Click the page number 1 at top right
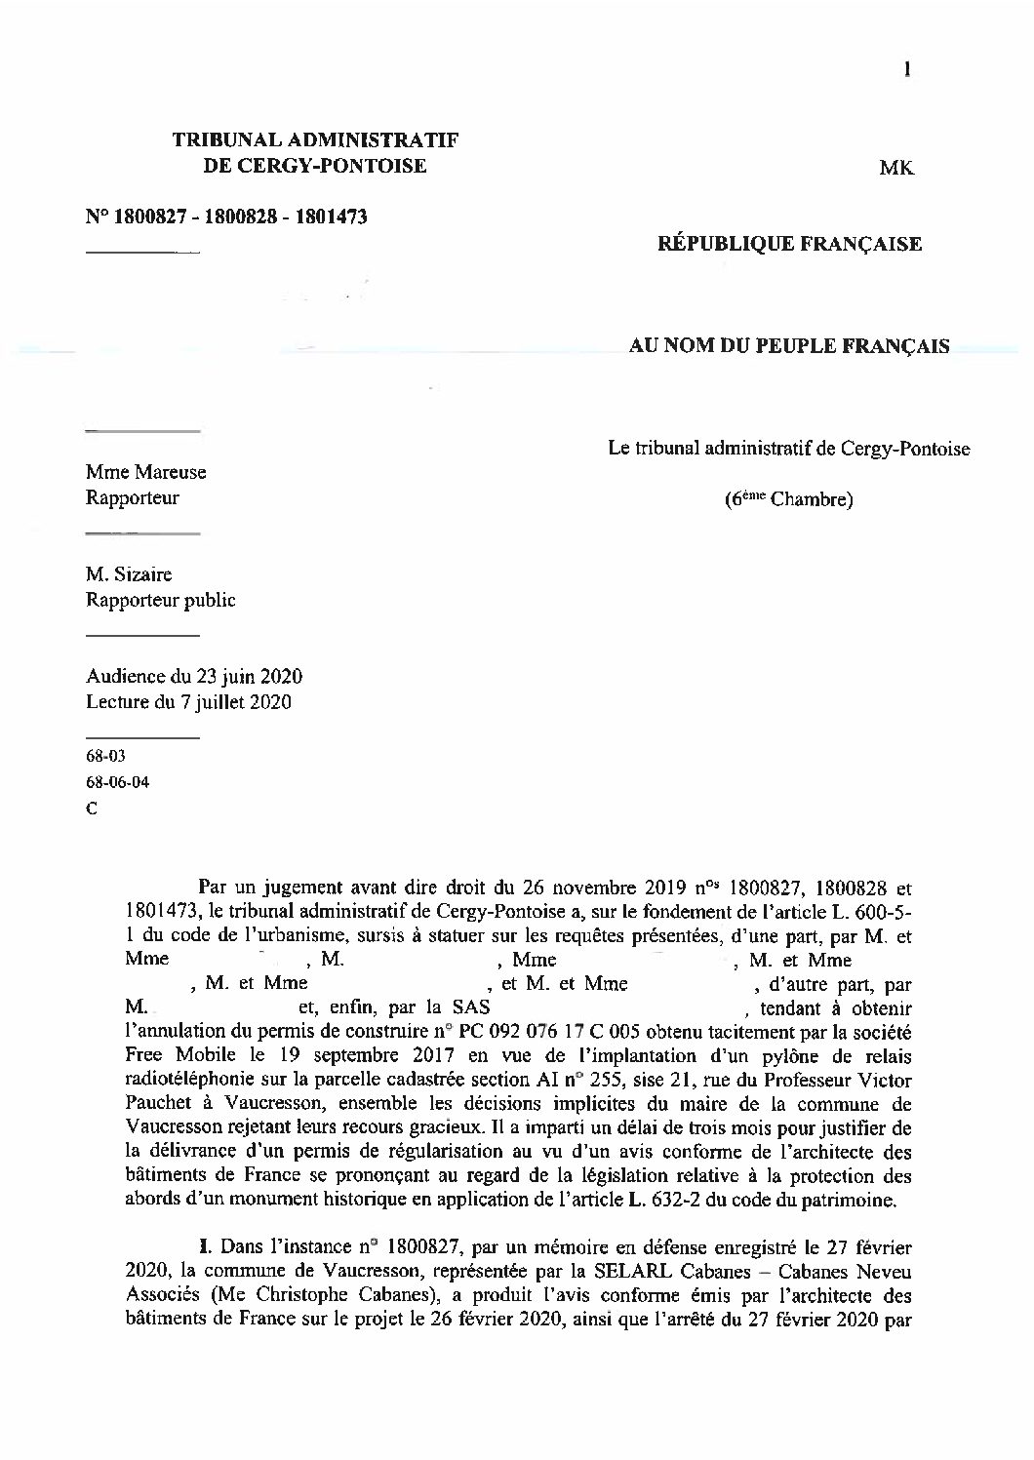tap(908, 67)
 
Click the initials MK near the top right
tap(896, 169)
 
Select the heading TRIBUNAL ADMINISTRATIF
tap(315, 140)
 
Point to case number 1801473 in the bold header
tap(333, 217)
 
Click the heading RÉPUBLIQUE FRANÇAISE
tap(789, 244)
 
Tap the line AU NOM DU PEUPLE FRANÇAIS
tap(789, 346)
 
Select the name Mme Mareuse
tap(145, 472)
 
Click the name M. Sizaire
tap(129, 574)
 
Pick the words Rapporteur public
tap(160, 600)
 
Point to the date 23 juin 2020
tap(249, 677)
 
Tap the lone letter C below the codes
tap(92, 808)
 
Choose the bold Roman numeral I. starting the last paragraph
tap(205, 1246)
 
